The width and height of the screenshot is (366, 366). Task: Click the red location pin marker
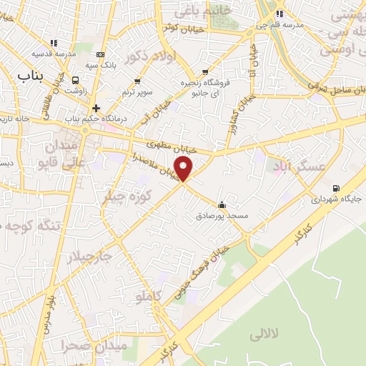184,169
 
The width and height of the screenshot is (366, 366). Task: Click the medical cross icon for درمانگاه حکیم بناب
96,108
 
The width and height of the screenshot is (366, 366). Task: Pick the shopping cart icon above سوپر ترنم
137,81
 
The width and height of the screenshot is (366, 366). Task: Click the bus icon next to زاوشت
76,80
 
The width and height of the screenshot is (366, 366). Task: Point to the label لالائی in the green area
265,335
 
